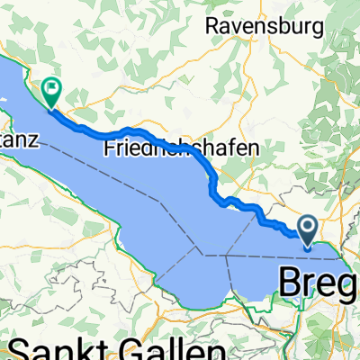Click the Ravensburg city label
click(264, 26)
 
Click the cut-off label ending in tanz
click(17, 139)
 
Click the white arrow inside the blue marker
click(308, 225)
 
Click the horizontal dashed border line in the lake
click(270, 256)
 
